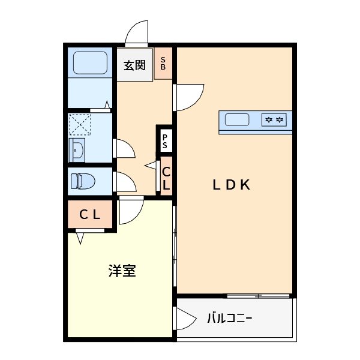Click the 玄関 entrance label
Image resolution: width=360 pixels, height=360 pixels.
[135, 64]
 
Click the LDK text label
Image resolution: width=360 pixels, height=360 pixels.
[231, 185]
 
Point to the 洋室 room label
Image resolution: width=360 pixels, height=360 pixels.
[122, 271]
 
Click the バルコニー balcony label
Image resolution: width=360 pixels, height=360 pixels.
[229, 317]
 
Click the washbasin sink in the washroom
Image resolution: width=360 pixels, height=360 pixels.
[77, 150]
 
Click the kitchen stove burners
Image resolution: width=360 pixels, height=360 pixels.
[274, 121]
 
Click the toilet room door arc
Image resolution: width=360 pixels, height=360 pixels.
[125, 182]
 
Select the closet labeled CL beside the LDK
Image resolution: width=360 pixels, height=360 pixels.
[166, 178]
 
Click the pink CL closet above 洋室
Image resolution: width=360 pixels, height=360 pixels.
[90, 215]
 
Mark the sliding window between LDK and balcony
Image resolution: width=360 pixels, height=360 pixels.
[258, 295]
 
